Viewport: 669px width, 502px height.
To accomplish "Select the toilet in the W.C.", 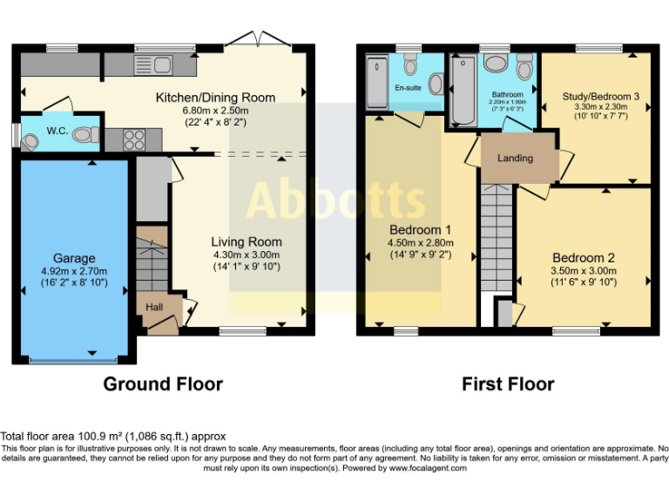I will point(86,135).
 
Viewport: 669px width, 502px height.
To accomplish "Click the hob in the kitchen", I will point(135,138).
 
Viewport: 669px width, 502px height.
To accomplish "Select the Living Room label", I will point(247,241).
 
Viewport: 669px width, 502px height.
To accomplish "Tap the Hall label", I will point(153,308).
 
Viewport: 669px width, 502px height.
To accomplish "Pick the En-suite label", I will point(408,88).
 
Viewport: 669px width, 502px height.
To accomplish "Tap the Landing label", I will point(515,158).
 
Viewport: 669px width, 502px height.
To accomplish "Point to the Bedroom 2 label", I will point(583,258).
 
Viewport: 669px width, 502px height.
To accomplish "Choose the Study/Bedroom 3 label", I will point(594,95).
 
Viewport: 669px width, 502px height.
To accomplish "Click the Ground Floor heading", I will point(163,383).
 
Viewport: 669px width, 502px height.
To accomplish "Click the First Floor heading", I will point(508,383).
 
